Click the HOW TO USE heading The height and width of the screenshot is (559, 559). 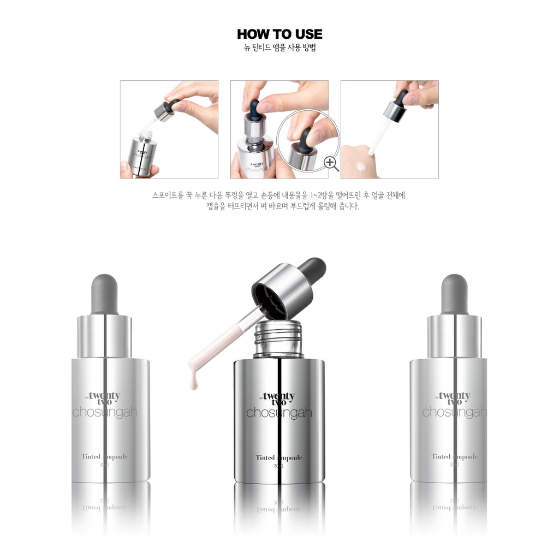(279, 34)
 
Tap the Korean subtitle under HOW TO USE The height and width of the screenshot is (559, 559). (279, 47)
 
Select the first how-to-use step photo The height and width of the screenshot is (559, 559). (169, 129)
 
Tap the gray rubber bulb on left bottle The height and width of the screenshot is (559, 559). (104, 293)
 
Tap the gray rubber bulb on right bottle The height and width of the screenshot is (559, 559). (454, 293)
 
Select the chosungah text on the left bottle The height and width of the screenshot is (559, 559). (104, 412)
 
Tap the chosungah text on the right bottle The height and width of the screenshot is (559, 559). (454, 412)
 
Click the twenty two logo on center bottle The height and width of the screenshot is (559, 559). (279, 399)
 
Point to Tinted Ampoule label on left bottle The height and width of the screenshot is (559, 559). (104, 456)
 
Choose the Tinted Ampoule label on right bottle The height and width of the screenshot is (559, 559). (454, 456)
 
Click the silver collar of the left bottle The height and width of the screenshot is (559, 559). (104, 336)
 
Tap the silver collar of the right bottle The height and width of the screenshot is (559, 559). (454, 336)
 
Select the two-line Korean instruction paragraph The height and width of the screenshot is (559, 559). (279, 201)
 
